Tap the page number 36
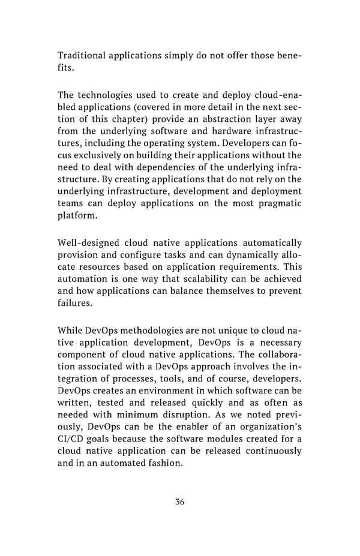click(x=179, y=502)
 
